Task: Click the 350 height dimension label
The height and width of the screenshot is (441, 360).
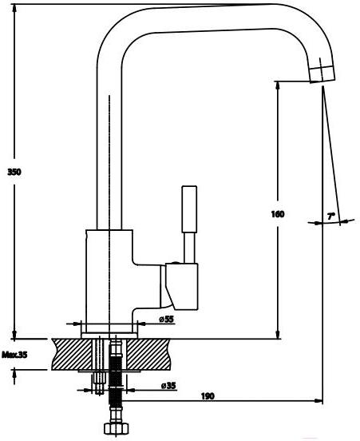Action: pyautogui.click(x=14, y=172)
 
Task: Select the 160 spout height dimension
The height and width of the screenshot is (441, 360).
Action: pyautogui.click(x=278, y=214)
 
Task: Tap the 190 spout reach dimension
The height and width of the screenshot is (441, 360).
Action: pyautogui.click(x=208, y=396)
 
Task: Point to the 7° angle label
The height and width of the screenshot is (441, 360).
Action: pyautogui.click(x=331, y=217)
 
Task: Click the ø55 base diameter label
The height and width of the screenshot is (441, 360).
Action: pyautogui.click(x=166, y=320)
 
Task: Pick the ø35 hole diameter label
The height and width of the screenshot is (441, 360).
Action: pyautogui.click(x=168, y=385)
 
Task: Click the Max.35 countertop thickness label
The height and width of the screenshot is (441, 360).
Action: pyautogui.click(x=14, y=355)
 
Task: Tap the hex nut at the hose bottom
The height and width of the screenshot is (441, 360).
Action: pyautogui.click(x=117, y=428)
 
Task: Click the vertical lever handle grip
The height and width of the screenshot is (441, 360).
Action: pyautogui.click(x=189, y=209)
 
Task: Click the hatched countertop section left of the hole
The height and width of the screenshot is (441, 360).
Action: pyautogui.click(x=72, y=355)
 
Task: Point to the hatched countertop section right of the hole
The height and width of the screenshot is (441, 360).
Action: pyautogui.click(x=148, y=355)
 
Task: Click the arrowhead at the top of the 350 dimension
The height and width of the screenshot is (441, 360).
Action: pyautogui.click(x=14, y=9)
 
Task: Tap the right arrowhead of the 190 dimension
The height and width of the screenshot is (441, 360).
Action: pyautogui.click(x=318, y=401)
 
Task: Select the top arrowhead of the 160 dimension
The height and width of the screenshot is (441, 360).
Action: pyautogui.click(x=278, y=85)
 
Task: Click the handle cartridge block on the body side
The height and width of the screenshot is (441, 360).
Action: pyautogui.click(x=181, y=286)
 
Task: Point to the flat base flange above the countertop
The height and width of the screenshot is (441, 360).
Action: pyautogui.click(x=109, y=336)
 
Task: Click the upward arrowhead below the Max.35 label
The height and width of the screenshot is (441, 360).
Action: pyautogui.click(x=14, y=375)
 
